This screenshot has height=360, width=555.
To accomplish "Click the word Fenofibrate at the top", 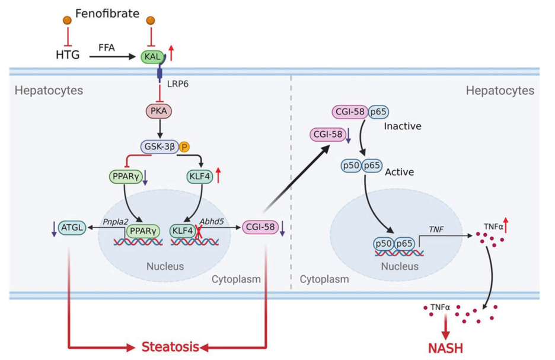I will tap(107, 12).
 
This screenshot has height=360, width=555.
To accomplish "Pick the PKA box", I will tap(158, 111).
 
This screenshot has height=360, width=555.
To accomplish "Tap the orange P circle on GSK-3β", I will tap(184, 146).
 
